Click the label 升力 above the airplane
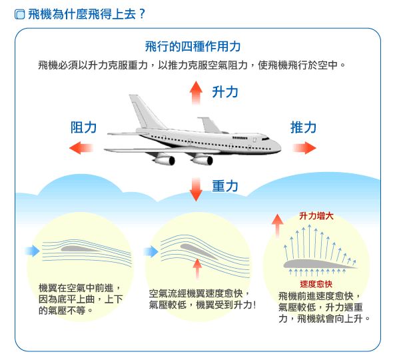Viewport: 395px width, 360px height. [225, 92]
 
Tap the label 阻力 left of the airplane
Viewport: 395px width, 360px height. [83, 127]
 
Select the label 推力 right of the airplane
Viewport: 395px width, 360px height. [303, 127]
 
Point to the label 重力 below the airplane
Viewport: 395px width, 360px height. [225, 186]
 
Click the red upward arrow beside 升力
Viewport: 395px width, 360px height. [196, 93]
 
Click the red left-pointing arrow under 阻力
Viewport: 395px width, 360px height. [81, 148]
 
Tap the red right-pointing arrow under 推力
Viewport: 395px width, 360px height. [304, 148]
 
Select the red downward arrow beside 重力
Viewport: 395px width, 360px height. [196, 189]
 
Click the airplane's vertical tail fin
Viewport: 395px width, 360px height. [144, 111]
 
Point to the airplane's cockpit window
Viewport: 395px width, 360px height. [265, 139]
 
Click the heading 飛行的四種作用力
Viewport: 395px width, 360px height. [193, 47]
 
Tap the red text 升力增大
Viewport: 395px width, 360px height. [316, 216]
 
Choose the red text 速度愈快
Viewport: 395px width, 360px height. [316, 284]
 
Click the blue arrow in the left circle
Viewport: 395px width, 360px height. [33, 251]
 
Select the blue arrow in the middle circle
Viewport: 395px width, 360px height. [151, 251]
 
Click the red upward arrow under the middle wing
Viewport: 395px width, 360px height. [197, 269]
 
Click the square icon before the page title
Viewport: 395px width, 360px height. [19, 15]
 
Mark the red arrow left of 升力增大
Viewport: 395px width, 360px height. [277, 226]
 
